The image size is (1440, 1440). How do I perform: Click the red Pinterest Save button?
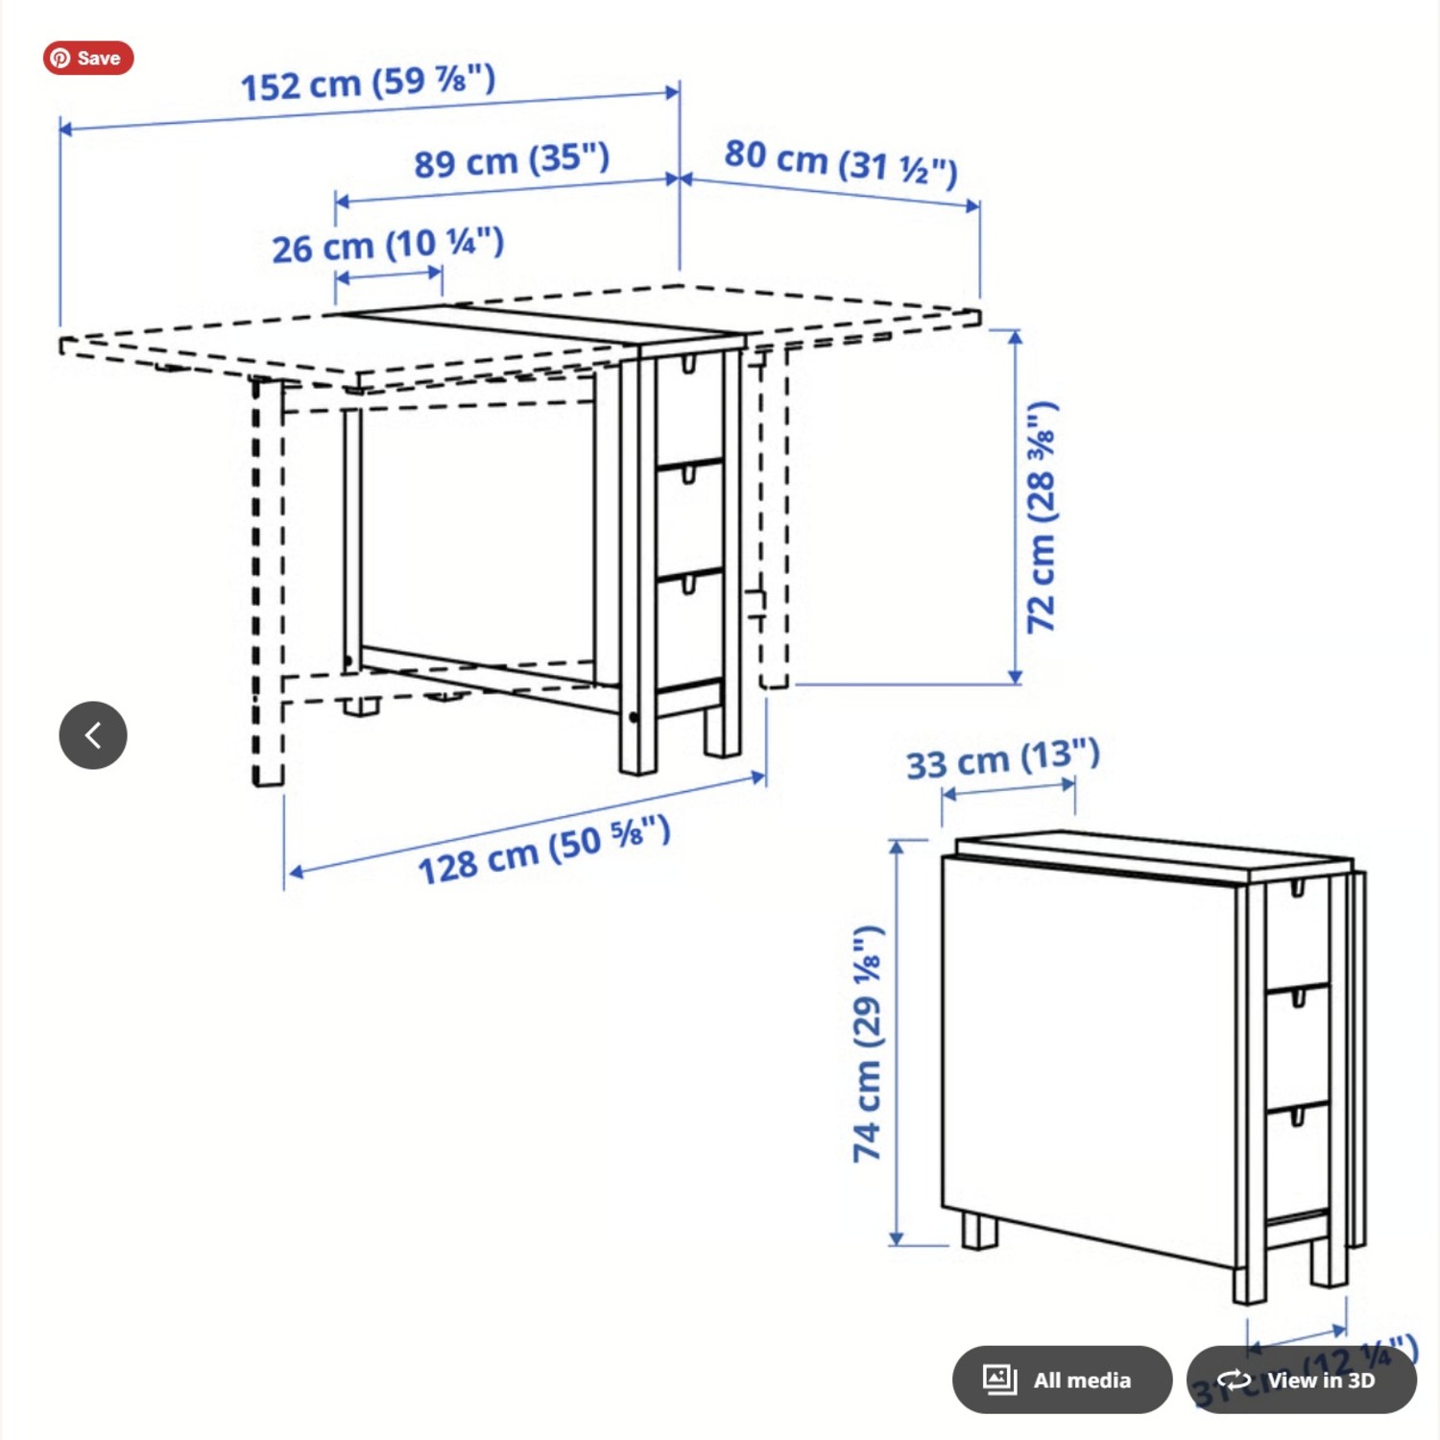(87, 58)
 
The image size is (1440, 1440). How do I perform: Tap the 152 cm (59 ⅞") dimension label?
(368, 83)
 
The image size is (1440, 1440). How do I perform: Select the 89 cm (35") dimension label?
(512, 159)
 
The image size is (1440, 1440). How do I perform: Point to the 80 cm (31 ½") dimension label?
(840, 161)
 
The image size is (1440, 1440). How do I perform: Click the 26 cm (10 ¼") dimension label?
(388, 246)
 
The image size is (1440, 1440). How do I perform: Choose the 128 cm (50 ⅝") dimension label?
(543, 850)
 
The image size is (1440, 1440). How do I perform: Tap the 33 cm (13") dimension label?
(1002, 759)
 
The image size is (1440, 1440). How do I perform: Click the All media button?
(1062, 1380)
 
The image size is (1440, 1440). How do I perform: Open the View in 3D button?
(1301, 1380)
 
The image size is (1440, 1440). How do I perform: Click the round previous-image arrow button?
(93, 735)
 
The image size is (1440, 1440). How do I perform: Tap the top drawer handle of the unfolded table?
(688, 365)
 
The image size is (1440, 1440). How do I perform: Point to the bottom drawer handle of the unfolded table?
(688, 584)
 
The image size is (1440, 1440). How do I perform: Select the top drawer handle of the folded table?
(1298, 888)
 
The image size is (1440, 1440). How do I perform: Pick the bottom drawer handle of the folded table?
(1298, 1116)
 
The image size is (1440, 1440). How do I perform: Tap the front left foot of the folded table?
(979, 1231)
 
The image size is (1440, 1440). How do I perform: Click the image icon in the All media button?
(999, 1380)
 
